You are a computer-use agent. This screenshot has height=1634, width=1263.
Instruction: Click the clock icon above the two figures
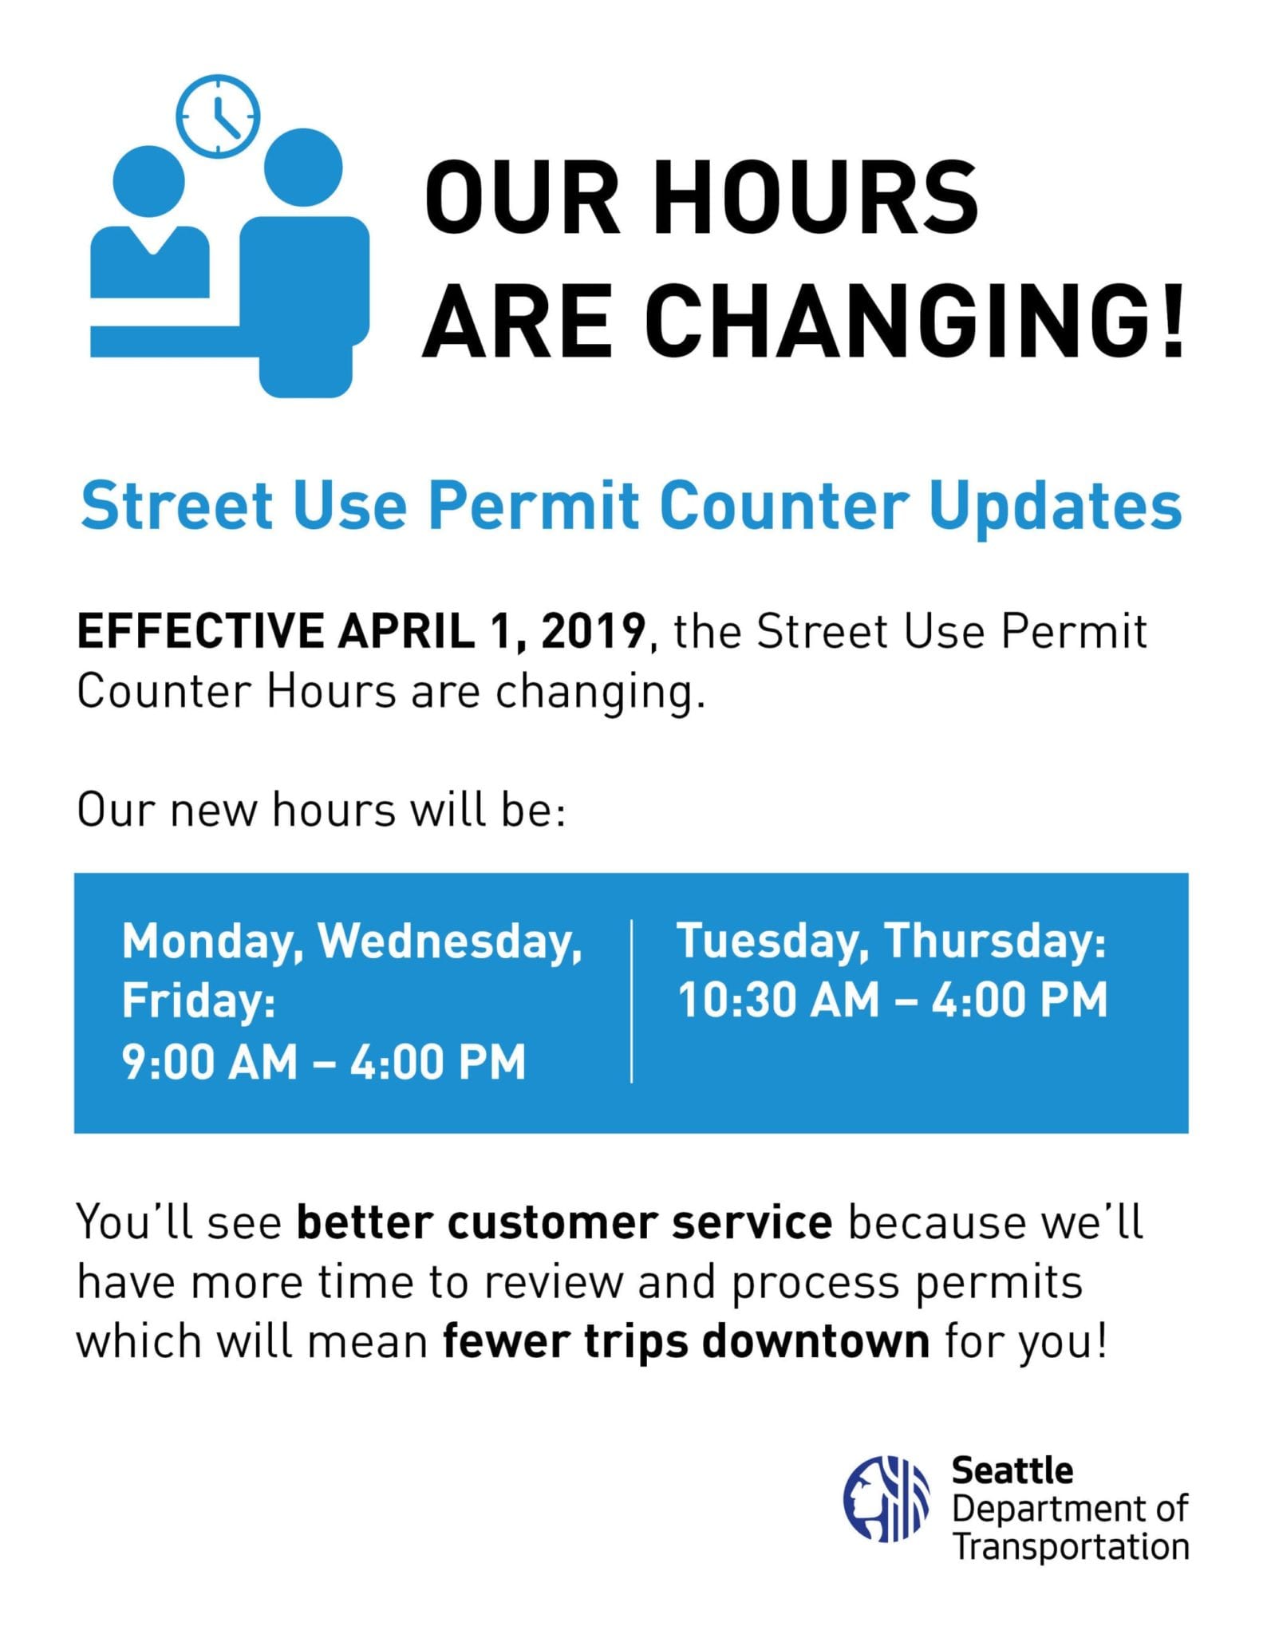[x=218, y=116]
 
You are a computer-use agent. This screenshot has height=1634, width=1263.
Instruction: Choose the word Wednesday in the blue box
[x=449, y=942]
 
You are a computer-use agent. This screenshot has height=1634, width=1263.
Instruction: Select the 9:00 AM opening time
[x=210, y=1063]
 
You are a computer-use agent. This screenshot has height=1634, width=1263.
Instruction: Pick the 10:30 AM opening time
[x=778, y=1001]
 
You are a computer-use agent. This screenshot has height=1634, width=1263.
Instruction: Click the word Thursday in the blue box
[x=996, y=941]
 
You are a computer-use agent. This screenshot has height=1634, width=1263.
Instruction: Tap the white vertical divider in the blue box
[x=632, y=1001]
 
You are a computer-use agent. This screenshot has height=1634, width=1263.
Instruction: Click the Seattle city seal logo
[x=886, y=1499]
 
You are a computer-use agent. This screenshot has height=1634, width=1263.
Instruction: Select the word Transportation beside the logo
[x=1071, y=1545]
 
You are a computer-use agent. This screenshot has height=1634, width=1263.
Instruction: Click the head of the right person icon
[x=303, y=168]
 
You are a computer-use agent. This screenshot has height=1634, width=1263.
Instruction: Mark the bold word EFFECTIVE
[x=200, y=632]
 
